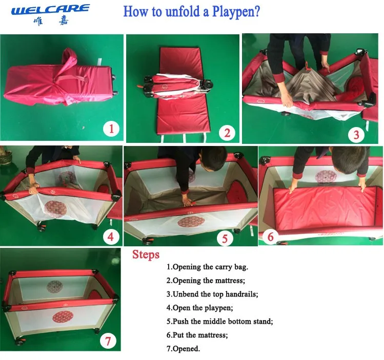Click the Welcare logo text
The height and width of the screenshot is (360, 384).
[50, 10]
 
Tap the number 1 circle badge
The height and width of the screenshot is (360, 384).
[111, 129]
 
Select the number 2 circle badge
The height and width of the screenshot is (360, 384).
[227, 133]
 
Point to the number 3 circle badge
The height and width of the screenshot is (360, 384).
[356, 135]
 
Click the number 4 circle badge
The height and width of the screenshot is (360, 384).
[110, 237]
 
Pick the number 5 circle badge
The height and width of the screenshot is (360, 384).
[225, 239]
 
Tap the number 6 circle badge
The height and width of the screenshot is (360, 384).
[270, 237]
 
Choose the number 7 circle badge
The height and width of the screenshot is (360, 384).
[108, 341]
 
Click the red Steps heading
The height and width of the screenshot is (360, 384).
[146, 255]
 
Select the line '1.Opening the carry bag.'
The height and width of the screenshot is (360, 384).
[207, 267]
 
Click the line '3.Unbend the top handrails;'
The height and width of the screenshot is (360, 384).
[212, 294]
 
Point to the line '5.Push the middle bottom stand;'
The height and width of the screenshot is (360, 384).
[219, 321]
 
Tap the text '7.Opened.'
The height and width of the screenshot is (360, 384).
[183, 349]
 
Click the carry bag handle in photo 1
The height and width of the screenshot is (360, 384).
[71, 78]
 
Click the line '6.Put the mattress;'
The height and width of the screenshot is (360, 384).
[197, 335]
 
